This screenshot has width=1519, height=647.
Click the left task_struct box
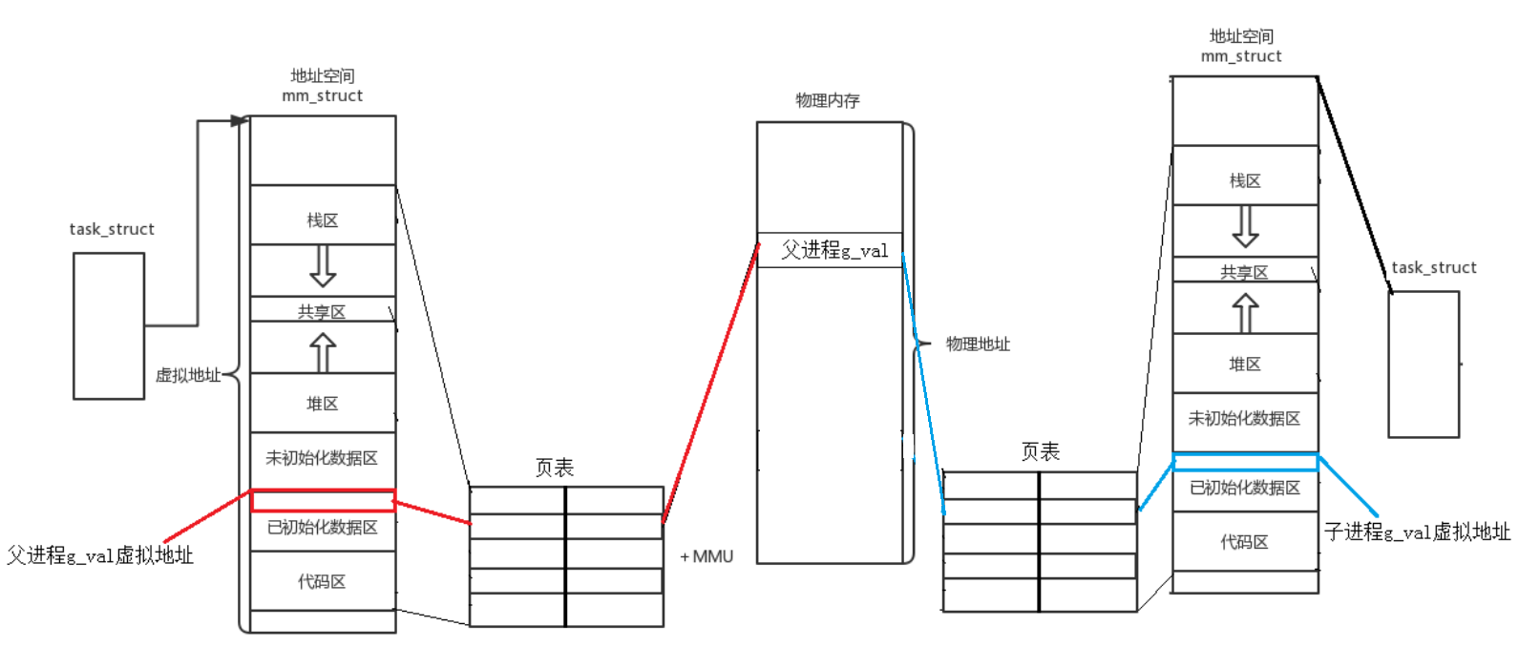(109, 325)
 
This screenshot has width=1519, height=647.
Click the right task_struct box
(1424, 364)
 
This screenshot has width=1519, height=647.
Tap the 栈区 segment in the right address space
(1245, 179)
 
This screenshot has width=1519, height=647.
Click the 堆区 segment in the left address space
(323, 403)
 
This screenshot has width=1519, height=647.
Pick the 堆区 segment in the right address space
(1245, 364)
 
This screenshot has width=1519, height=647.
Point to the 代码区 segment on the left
(323, 581)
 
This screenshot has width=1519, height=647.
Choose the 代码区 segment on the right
(1245, 541)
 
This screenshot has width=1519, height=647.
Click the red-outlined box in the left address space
(323, 500)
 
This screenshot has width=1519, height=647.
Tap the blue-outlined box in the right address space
(1245, 462)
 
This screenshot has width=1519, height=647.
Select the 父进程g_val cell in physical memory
(831, 250)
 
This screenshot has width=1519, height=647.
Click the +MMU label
(707, 556)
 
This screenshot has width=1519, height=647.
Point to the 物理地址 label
(978, 344)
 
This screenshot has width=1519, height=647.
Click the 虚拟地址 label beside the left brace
(187, 375)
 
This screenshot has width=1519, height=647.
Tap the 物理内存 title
(828, 100)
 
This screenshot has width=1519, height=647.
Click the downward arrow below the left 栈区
(323, 267)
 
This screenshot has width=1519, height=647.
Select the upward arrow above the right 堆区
(1245, 312)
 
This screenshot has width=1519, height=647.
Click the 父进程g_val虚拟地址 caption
(100, 555)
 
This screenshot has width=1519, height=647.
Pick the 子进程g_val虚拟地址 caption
(1417, 532)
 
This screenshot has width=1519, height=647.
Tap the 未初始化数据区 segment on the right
(1245, 418)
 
